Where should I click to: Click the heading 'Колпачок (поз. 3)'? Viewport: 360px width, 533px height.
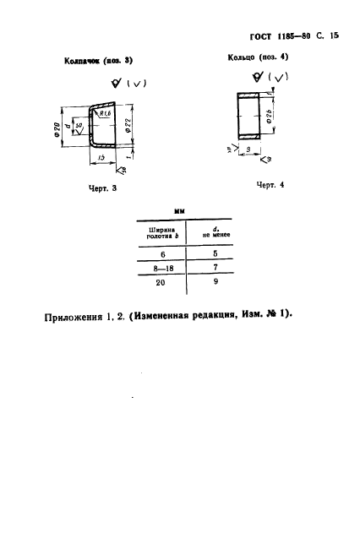tap(99, 61)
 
